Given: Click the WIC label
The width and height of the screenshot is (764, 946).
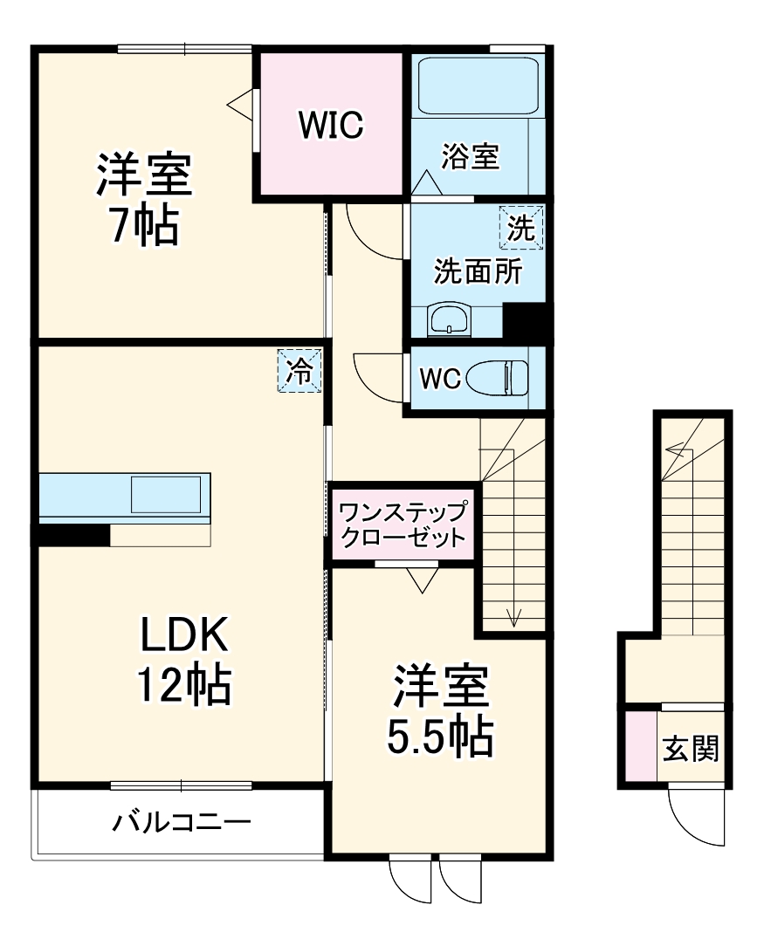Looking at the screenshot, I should click(x=331, y=126).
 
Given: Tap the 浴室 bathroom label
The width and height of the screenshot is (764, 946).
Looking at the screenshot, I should click(x=470, y=157).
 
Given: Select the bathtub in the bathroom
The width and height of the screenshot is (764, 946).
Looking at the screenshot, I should click(x=477, y=86).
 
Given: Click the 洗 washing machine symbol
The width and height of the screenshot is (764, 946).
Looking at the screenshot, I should click(x=521, y=229).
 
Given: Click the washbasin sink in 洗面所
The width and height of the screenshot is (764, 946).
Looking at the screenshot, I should click(x=450, y=320).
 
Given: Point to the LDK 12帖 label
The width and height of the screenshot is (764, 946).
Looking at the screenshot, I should click(x=184, y=660).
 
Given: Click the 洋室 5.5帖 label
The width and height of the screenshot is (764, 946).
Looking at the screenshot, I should click(x=440, y=713).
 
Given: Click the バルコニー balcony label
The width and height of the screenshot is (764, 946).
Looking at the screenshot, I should click(x=181, y=822).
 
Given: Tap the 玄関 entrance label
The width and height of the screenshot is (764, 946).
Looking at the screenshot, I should click(x=689, y=748).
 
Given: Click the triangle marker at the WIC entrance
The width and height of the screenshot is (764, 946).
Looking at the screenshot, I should click(x=240, y=103).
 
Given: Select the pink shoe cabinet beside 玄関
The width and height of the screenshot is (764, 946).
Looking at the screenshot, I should click(x=638, y=747).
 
